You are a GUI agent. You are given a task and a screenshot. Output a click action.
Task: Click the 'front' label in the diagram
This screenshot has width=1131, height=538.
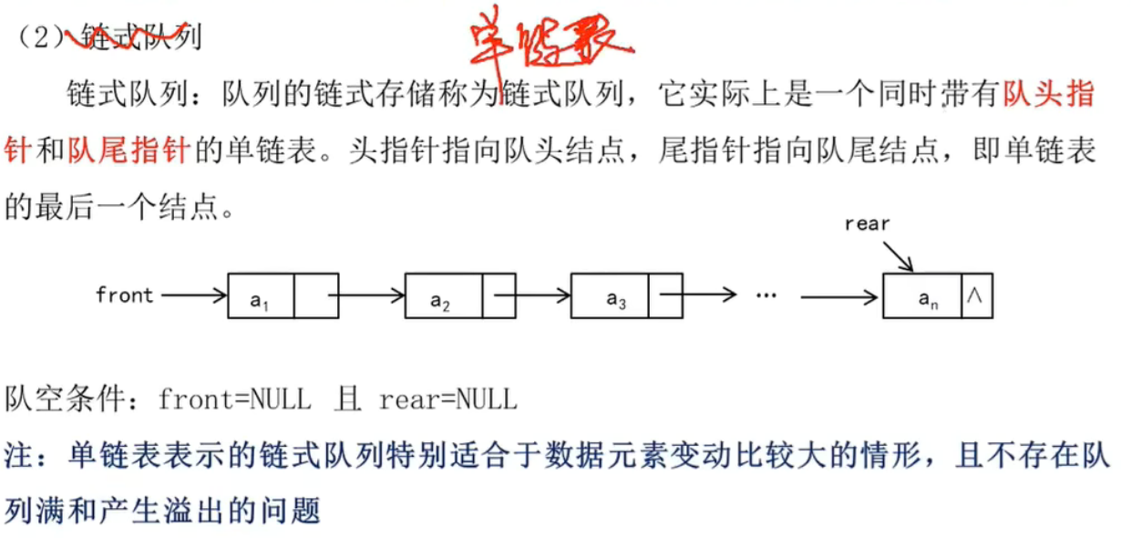tap(124, 295)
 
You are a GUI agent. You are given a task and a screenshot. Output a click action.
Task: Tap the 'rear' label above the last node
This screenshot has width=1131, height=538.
tap(867, 223)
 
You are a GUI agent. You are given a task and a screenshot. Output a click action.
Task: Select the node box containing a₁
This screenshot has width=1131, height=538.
tap(261, 295)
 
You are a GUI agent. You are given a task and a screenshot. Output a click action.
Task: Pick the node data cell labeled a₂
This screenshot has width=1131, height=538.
tap(443, 295)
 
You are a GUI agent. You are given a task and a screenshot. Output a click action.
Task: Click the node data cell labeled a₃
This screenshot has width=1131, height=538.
tap(616, 295)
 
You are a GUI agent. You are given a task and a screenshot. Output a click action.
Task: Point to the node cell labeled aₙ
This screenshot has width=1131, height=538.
tap(922, 295)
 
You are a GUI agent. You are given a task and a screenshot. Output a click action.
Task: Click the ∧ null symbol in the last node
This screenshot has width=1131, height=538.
tap(976, 295)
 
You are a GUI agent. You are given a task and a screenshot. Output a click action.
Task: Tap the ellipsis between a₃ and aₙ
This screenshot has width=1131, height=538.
tap(766, 295)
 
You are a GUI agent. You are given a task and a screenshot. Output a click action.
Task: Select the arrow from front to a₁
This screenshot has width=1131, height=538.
tap(191, 295)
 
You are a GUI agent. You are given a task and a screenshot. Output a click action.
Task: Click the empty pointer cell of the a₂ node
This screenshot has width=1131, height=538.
tap(499, 295)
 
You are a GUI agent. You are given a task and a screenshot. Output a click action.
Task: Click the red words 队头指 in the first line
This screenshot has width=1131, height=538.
tap(1048, 95)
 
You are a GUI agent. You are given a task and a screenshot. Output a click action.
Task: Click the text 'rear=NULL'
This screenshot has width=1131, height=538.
tap(447, 399)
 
